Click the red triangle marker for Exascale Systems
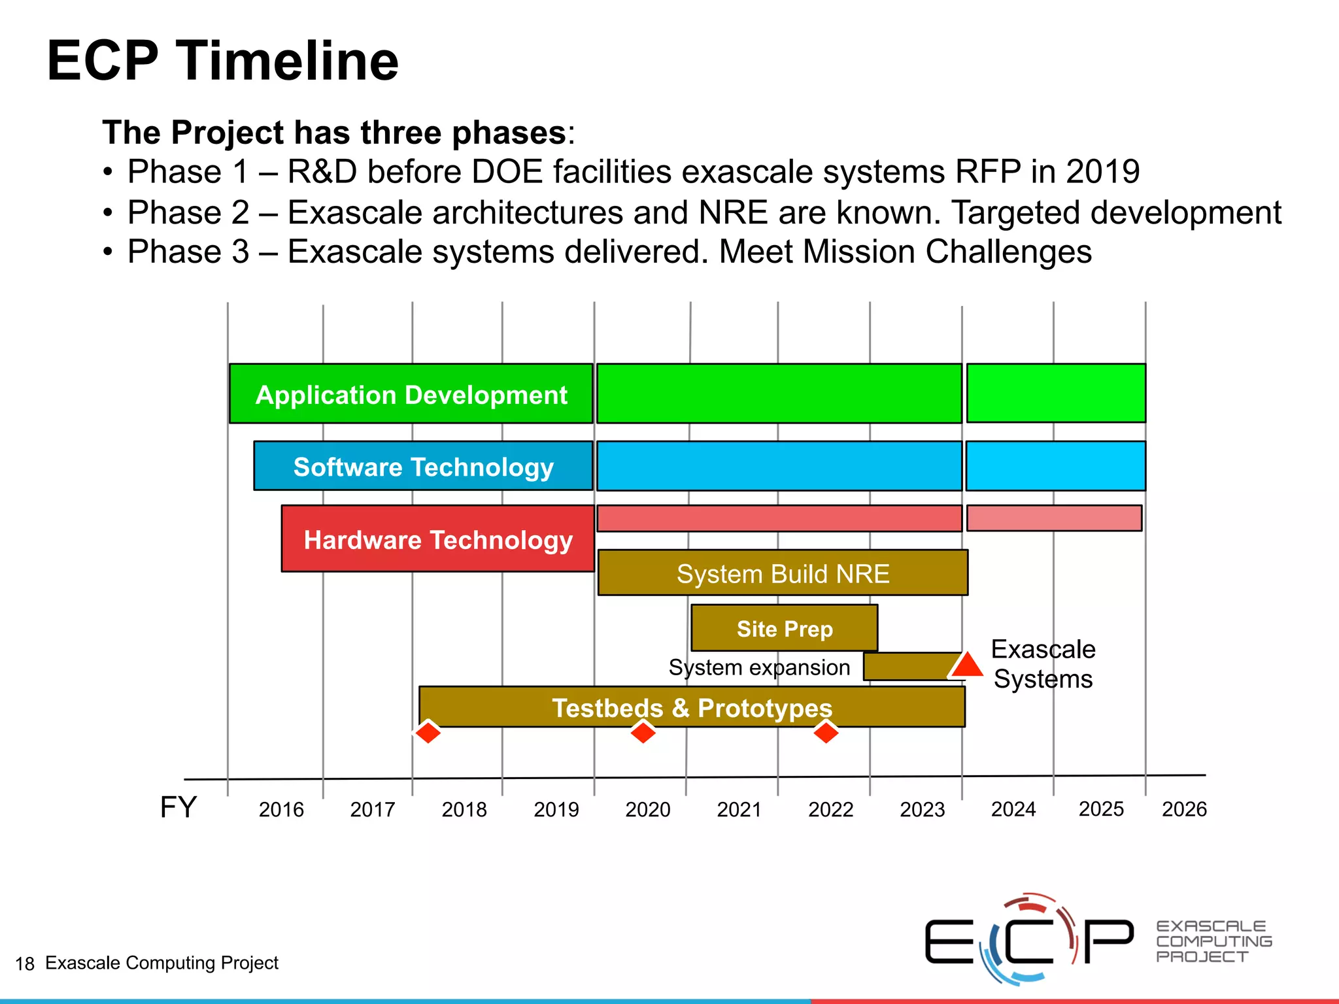pyautogui.click(x=966, y=665)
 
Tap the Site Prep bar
pyautogui.click(x=784, y=628)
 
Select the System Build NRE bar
pyautogui.click(x=783, y=573)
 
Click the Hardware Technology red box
pyautogui.click(x=437, y=539)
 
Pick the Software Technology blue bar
pyautogui.click(x=423, y=467)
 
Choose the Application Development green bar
pyautogui.click(x=411, y=394)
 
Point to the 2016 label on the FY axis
pyautogui.click(x=281, y=810)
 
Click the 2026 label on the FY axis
pyautogui.click(x=1184, y=809)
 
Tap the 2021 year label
pyautogui.click(x=739, y=810)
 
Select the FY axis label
pyautogui.click(x=178, y=808)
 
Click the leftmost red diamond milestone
pyautogui.click(x=428, y=732)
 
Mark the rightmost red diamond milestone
pyautogui.click(x=826, y=732)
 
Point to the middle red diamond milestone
pyautogui.click(x=643, y=732)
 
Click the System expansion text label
pyautogui.click(x=759, y=667)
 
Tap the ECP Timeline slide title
pyautogui.click(x=222, y=61)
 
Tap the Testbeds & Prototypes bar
pyautogui.click(x=692, y=707)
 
